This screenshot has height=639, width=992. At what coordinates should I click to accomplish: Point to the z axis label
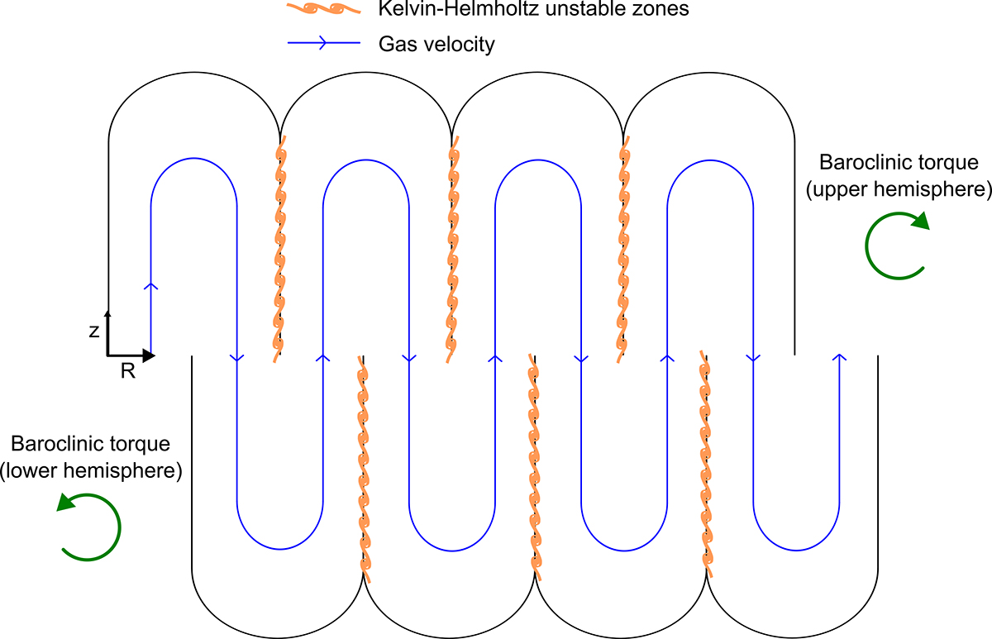point(96,330)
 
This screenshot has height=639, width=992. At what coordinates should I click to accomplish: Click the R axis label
point(127,371)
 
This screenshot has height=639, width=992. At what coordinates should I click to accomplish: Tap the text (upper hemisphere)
point(898,189)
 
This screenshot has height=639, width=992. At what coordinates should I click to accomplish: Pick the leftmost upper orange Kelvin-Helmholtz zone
point(279,248)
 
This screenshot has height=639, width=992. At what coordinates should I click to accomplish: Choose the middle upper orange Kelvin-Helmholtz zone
point(451,248)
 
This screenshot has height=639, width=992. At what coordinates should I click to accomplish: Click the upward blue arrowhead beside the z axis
point(150,286)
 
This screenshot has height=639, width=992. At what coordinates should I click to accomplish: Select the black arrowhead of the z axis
point(107,313)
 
